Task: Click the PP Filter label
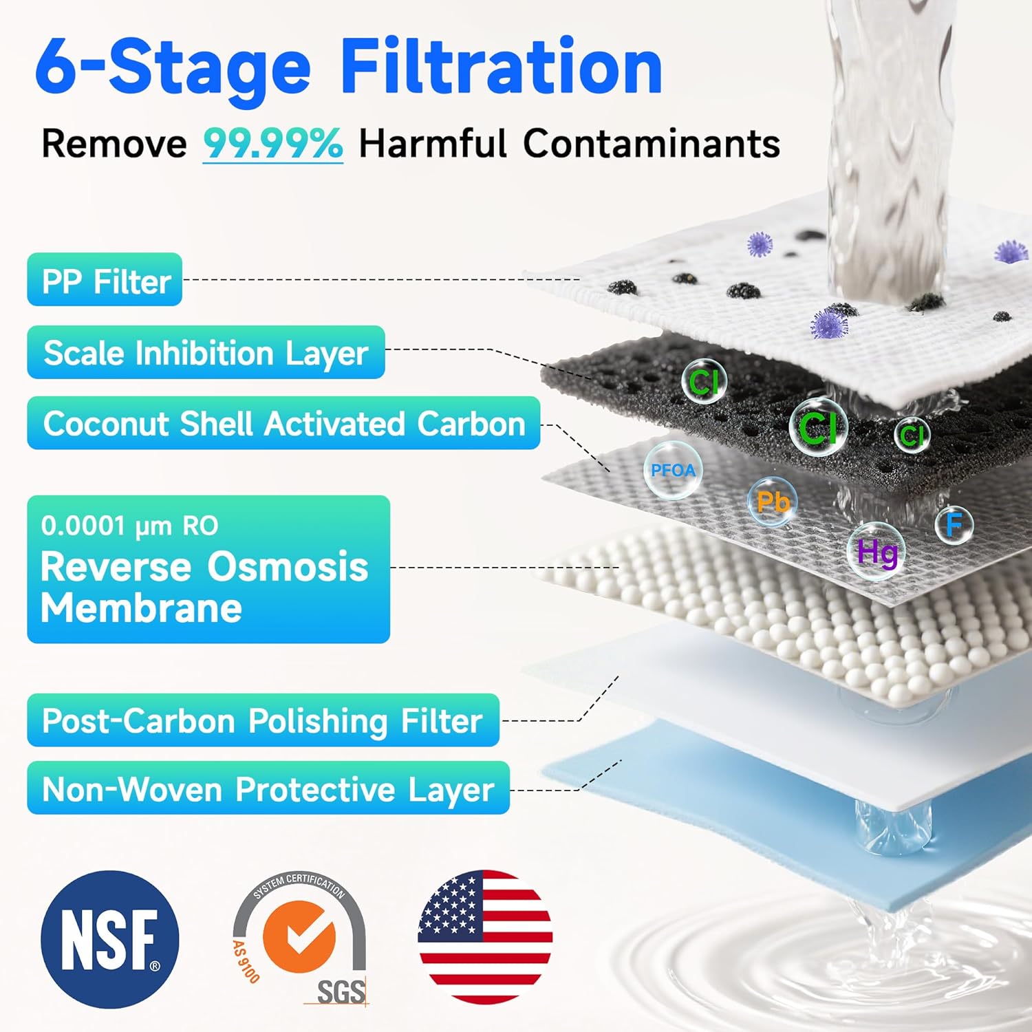(x=105, y=280)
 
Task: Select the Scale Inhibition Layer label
(x=206, y=352)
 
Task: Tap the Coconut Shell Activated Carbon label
(x=283, y=423)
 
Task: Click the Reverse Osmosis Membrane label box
(x=208, y=570)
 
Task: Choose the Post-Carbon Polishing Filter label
(x=263, y=720)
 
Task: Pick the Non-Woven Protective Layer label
(x=268, y=788)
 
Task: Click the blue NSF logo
(x=110, y=939)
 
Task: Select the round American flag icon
(x=485, y=937)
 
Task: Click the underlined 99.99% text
(x=272, y=144)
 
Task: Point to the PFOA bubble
(x=673, y=470)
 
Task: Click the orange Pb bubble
(x=772, y=502)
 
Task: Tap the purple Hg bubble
(x=876, y=552)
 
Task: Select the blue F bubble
(x=954, y=524)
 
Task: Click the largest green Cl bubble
(x=818, y=427)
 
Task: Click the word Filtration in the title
(x=501, y=67)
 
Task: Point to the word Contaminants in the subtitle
(x=651, y=144)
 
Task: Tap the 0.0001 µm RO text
(x=129, y=526)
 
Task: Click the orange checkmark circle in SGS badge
(x=300, y=936)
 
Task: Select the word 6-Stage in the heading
(x=173, y=67)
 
